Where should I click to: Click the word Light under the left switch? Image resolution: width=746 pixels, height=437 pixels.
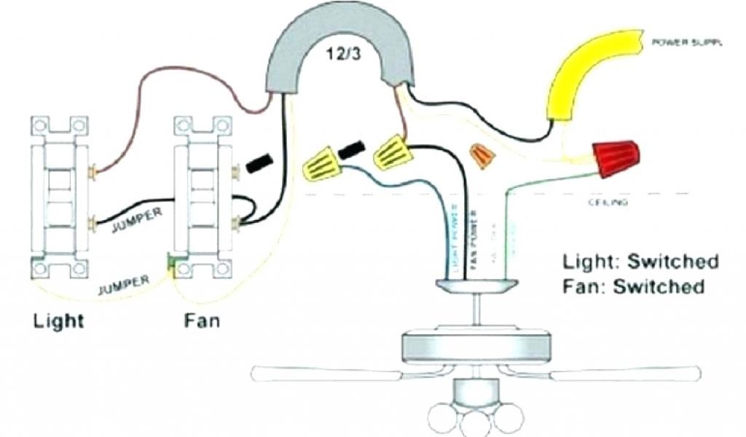pyautogui.click(x=58, y=320)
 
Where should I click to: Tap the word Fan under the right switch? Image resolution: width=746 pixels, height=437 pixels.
pyautogui.click(x=202, y=320)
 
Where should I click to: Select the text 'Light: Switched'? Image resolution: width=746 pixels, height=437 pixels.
pyautogui.click(x=640, y=261)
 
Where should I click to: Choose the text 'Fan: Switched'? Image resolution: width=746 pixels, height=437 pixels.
pyautogui.click(x=633, y=286)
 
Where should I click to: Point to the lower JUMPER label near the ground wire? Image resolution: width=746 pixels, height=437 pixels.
pyautogui.click(x=125, y=283)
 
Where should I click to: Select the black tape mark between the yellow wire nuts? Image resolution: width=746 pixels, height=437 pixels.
pyautogui.click(x=352, y=150)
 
